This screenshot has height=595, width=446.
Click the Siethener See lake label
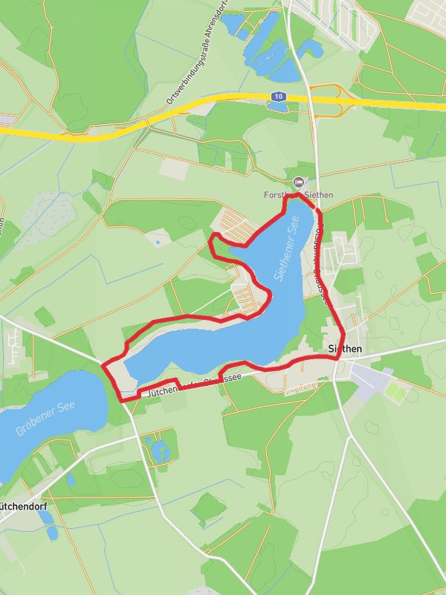[x=285, y=253]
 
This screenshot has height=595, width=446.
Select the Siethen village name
[x=345, y=348]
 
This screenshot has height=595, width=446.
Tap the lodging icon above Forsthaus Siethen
[x=299, y=181]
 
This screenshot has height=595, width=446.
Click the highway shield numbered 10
[x=278, y=97]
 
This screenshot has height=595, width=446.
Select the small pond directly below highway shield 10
[x=277, y=107]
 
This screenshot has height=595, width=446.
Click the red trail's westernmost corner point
[x=102, y=365]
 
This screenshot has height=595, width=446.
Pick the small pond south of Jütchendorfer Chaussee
[x=158, y=448]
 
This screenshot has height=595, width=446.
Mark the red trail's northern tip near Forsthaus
[x=298, y=196]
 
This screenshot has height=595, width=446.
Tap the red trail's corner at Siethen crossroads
[x=339, y=358]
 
